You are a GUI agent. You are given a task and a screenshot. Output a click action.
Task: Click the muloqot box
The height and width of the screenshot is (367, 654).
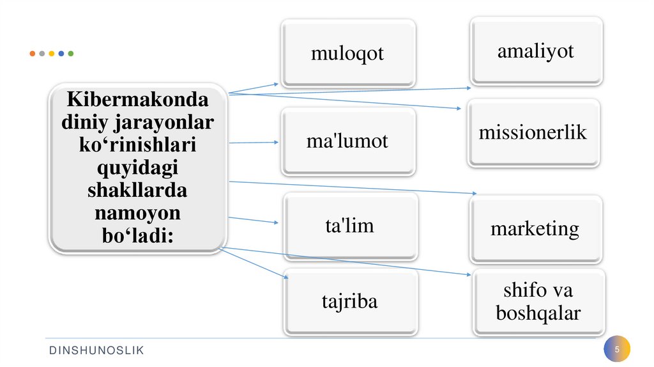tap(348, 53)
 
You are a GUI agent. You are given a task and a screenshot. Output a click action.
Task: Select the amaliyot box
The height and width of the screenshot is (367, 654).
tap(536, 51)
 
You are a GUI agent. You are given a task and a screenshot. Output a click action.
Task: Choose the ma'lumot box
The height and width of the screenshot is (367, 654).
tap(347, 141)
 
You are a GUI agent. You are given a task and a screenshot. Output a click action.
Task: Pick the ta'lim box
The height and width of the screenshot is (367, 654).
tap(349, 226)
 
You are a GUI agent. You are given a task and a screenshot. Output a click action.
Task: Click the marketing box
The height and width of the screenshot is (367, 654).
tap(535, 229)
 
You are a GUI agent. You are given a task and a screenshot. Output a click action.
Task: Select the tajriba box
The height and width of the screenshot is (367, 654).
tap(349, 301)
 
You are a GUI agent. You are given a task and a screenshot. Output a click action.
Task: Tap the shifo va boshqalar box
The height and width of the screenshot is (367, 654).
tap(538, 302)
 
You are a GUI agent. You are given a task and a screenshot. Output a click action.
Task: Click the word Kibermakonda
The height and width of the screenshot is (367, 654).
tap(138, 100)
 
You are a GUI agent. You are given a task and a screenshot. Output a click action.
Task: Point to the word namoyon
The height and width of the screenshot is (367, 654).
tap(137, 212)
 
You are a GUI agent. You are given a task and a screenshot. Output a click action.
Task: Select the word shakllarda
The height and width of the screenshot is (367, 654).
tap(137, 191)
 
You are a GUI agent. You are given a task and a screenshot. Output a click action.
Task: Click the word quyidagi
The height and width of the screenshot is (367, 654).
tap(137, 168)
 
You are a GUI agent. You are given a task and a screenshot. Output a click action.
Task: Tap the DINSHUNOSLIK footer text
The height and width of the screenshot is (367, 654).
tap(98, 350)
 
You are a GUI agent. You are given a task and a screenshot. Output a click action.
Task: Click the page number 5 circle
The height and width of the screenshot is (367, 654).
tap(617, 350)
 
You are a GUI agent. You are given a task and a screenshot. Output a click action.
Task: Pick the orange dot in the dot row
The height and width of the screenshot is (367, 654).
tap(33, 54)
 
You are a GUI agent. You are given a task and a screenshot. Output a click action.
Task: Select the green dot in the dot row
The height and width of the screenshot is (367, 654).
tap(70, 54)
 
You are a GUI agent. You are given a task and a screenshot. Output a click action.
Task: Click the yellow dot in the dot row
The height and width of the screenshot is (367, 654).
tap(51, 54)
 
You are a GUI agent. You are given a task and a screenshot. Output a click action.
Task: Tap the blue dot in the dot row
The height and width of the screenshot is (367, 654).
tap(61, 54)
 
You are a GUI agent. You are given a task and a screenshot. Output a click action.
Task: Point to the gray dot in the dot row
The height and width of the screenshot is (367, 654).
tap(42, 54)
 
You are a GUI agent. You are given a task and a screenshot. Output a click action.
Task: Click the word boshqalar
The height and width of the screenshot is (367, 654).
tap(538, 314)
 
